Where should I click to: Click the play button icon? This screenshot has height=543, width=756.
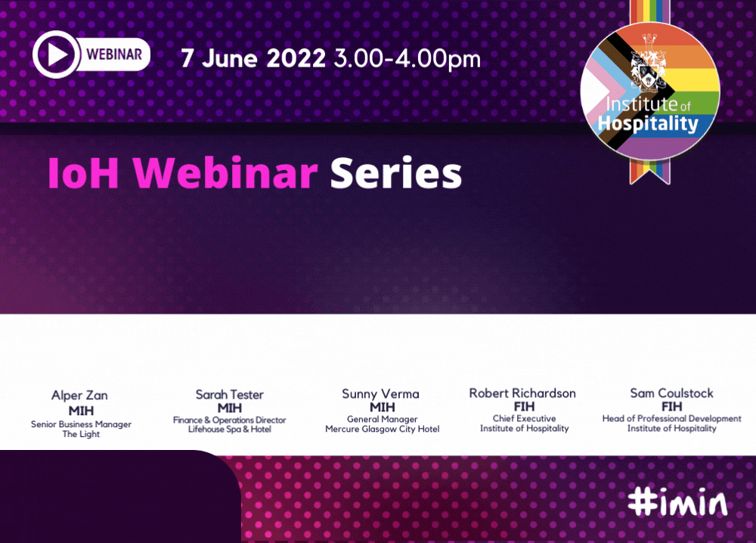pos(56,54)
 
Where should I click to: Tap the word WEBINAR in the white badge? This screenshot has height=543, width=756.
pos(114,54)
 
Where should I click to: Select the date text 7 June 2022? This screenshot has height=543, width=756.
pos(253,58)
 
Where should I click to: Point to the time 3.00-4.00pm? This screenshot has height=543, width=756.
pos(407,58)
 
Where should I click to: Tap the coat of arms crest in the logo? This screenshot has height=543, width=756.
pos(649,64)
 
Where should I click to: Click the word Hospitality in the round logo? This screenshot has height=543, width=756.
pos(648,123)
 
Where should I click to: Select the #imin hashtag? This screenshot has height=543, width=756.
pos(678,502)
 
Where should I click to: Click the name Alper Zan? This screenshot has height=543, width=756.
pos(79,396)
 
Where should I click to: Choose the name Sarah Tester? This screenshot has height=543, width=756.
pos(230,395)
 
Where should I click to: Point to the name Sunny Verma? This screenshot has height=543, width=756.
pos(380,393)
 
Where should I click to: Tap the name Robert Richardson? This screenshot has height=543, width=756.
pos(522,393)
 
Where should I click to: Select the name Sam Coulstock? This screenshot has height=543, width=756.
pos(671,393)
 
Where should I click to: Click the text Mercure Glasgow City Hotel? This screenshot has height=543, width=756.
pos(383,429)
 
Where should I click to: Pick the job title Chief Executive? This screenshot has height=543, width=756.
pos(524,418)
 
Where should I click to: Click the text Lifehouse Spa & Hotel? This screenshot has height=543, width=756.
pos(230,429)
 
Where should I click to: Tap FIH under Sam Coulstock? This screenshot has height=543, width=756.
pos(671,407)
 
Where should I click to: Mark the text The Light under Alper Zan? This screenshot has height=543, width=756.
pos(81,434)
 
